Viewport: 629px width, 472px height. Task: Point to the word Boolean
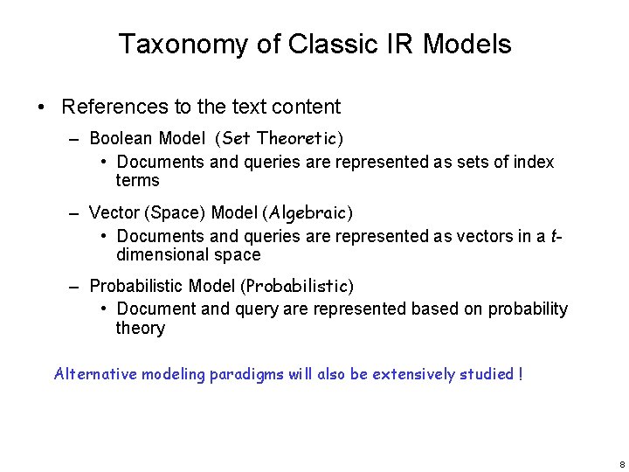(121, 138)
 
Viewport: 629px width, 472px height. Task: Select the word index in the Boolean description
(534, 162)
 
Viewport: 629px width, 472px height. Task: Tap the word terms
(137, 181)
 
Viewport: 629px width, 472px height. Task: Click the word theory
(140, 329)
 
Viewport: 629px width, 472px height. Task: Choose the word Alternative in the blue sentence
(95, 374)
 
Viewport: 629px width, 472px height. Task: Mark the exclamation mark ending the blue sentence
(521, 374)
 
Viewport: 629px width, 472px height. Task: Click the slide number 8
(620, 463)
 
